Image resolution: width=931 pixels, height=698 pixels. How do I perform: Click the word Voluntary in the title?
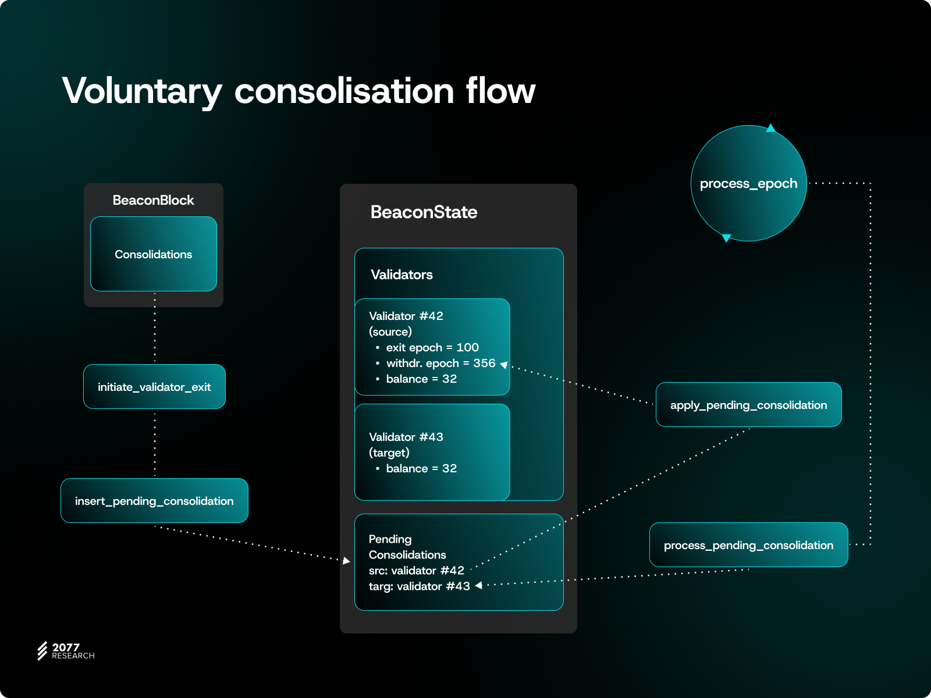142,91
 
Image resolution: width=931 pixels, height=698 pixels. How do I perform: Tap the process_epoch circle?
748,183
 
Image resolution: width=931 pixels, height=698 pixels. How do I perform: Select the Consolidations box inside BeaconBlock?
154,254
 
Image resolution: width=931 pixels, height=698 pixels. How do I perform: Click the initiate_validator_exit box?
154,387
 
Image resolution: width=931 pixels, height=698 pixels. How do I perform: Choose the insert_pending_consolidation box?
154,501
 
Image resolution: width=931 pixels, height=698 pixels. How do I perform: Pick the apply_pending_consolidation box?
748,405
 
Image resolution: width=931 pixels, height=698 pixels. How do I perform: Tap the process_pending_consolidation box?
748,545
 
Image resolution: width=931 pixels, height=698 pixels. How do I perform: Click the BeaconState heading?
424,212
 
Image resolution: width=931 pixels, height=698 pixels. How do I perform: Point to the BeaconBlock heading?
153,200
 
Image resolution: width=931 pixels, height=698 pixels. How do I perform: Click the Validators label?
401,275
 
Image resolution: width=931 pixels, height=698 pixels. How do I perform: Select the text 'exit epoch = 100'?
432,347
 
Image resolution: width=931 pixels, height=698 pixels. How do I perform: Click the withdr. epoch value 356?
484,363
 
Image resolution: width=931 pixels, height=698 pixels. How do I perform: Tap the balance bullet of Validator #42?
421,379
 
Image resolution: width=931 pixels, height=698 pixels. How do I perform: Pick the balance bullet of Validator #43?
421,468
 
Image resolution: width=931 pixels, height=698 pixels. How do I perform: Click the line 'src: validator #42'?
416,571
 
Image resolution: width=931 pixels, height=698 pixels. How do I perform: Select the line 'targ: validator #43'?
419,586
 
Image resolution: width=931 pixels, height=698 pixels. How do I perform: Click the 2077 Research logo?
65,651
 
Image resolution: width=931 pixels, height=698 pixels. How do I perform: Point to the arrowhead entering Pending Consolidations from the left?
347,561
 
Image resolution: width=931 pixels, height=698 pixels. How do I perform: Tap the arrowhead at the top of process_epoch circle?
771,128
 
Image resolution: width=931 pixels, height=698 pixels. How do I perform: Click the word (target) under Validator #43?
389,453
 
